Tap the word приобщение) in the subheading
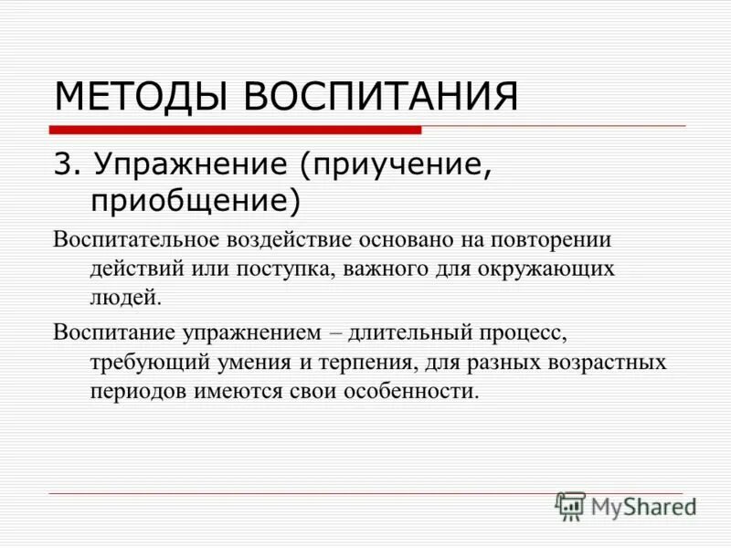[x=195, y=197]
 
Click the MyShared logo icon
[x=570, y=505]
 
